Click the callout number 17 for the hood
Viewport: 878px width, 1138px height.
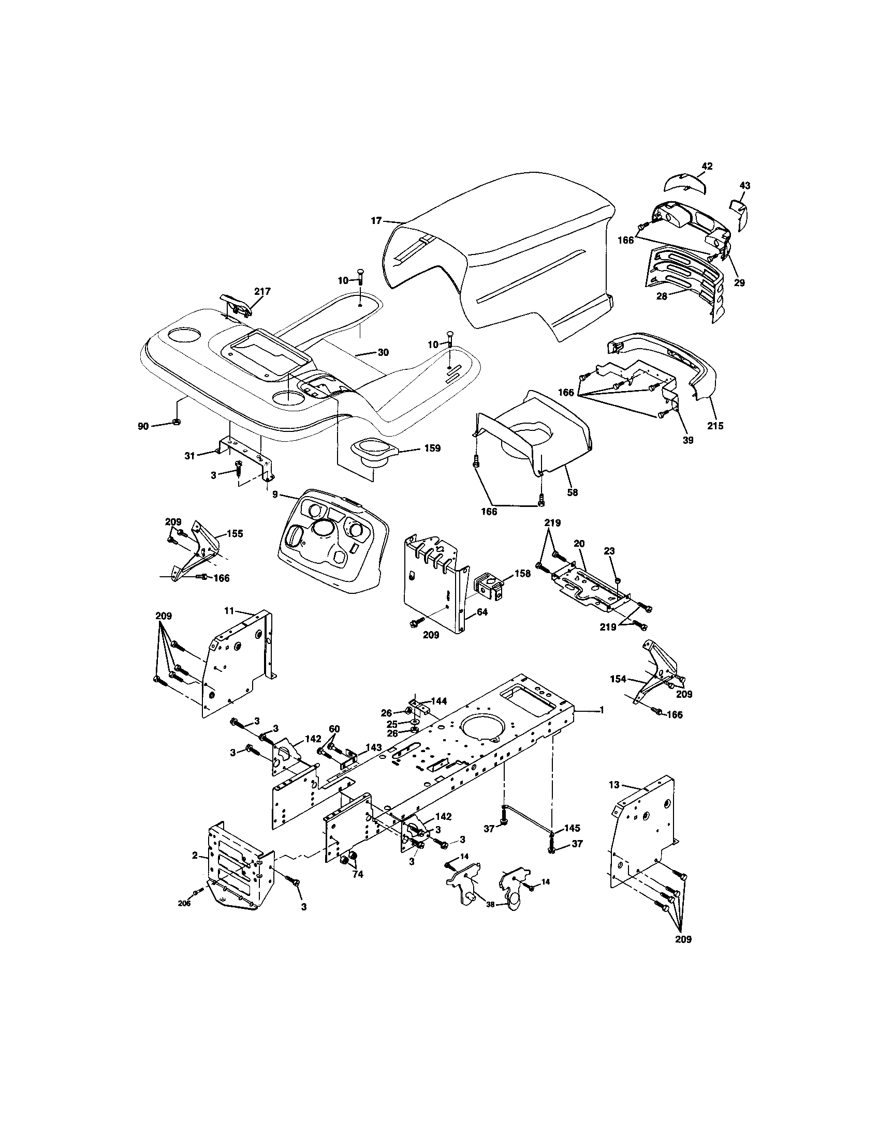click(x=376, y=221)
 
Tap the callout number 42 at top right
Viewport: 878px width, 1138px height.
click(x=707, y=167)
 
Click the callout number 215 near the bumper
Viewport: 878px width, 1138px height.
click(x=715, y=426)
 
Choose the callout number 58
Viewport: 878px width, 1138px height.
click(x=573, y=492)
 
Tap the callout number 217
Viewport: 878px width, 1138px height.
click(x=262, y=291)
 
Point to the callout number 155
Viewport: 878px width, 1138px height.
click(x=235, y=534)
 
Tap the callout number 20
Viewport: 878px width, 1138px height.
click(x=579, y=543)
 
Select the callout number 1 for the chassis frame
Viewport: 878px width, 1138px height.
click(x=602, y=710)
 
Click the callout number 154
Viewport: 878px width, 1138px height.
click(x=618, y=679)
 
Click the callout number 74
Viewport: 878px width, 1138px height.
click(x=357, y=875)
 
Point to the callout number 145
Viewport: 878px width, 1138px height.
click(x=572, y=828)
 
